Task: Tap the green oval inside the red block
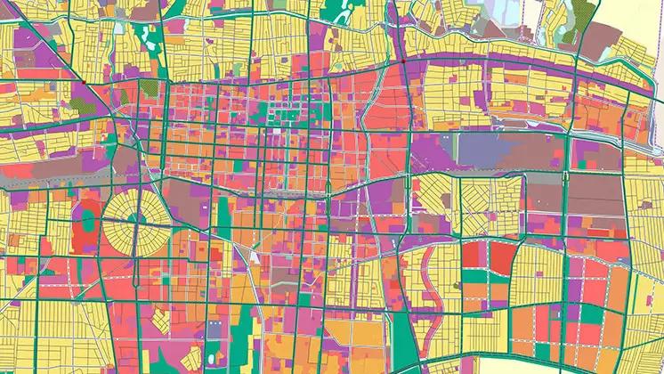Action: tap(87, 217)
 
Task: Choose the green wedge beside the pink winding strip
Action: tap(404, 338)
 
